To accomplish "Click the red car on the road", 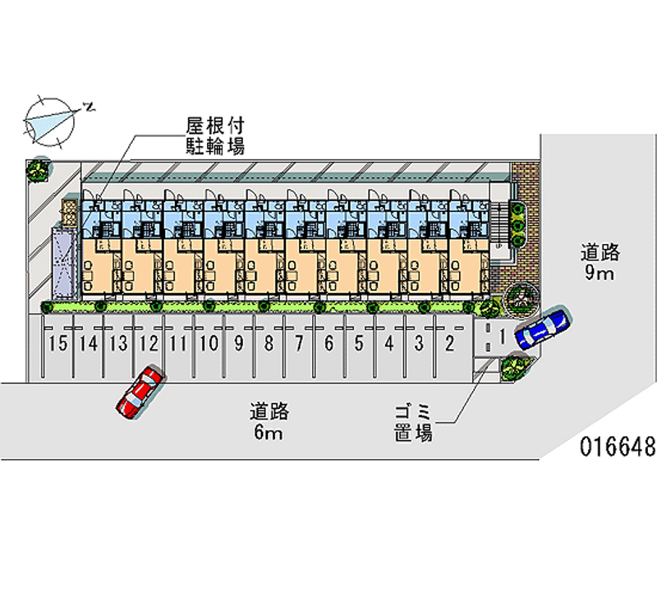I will click(140, 392).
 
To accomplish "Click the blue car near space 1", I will click(541, 327).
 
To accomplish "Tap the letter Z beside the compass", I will click(90, 106).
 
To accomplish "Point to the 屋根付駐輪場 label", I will click(215, 136).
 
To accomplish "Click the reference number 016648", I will click(617, 448).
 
